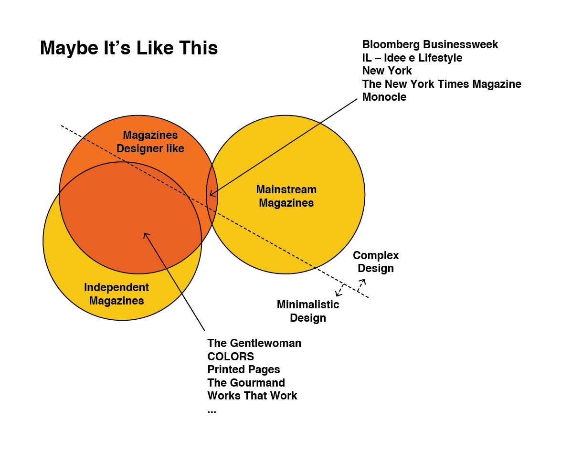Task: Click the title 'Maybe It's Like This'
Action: (129, 48)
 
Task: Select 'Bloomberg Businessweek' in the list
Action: (430, 44)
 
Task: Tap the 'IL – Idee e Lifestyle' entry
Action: (412, 58)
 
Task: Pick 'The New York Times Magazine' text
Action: (442, 84)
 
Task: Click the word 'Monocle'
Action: (384, 97)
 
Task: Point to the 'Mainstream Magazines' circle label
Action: (286, 196)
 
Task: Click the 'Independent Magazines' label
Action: (116, 294)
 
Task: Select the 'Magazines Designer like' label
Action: (150, 142)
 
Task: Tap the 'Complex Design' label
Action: (376, 262)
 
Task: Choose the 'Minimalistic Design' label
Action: (308, 311)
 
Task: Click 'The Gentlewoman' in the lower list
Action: (254, 343)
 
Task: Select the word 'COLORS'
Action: (231, 357)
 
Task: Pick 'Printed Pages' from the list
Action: (243, 369)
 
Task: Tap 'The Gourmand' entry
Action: (246, 383)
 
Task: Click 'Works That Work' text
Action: (252, 396)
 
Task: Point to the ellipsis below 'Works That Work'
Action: (212, 410)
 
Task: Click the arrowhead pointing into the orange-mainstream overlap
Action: (212, 194)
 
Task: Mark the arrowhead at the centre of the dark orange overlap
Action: (146, 234)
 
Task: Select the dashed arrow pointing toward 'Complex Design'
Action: (361, 284)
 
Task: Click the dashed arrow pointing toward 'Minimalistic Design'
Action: (340, 289)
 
